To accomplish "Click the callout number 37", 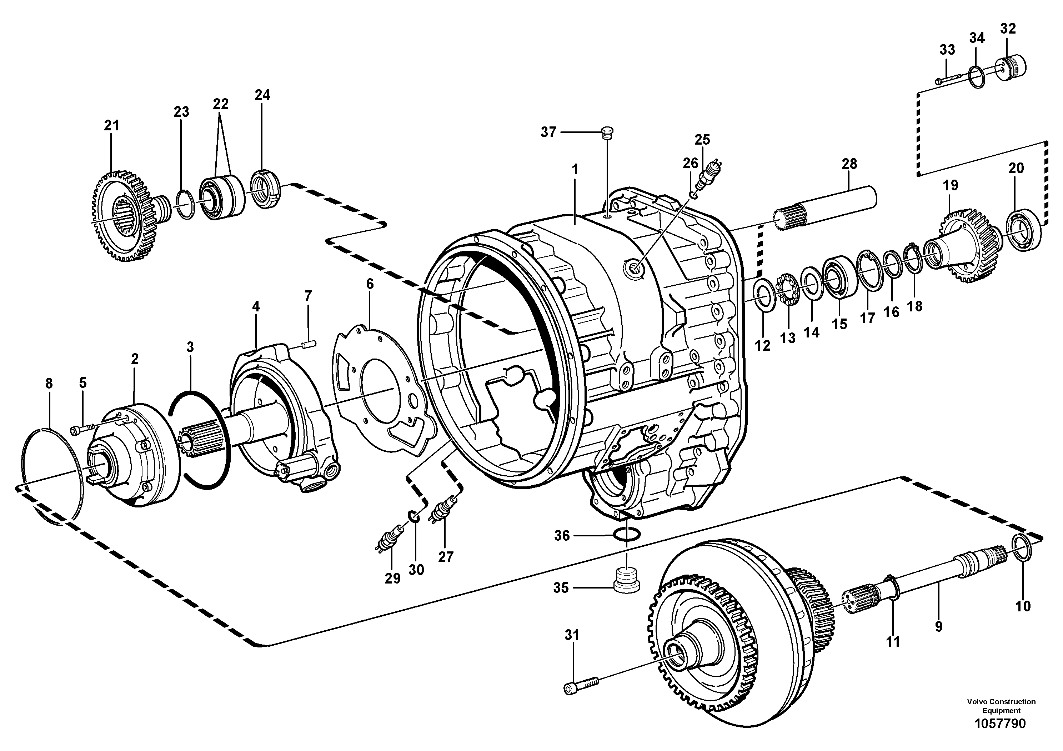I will pos(548,132).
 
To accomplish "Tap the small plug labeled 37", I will pos(607,132).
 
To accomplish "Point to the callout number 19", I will pos(950,185).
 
